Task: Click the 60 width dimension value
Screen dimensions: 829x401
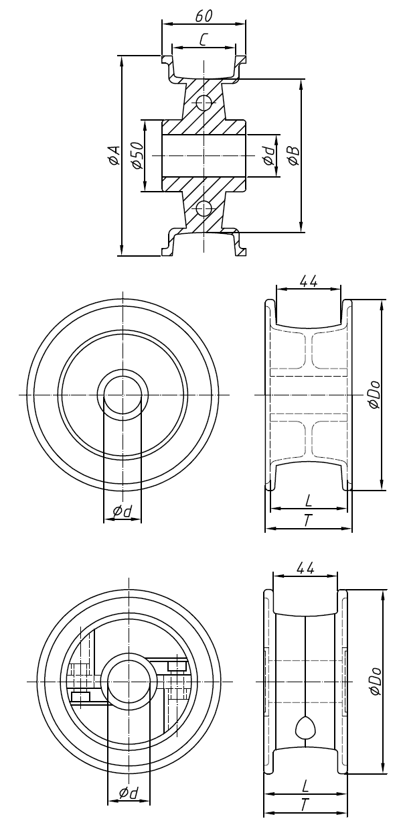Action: tap(204, 15)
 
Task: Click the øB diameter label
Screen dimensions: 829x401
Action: tap(293, 155)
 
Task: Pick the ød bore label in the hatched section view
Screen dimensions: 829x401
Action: tap(268, 155)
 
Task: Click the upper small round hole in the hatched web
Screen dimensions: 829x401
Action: tap(204, 103)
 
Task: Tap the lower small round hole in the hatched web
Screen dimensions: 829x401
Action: tap(204, 208)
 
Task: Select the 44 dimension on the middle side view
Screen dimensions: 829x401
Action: tap(308, 282)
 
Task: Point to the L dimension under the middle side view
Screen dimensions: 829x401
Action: tap(308, 501)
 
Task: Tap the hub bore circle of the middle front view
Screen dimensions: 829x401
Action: tap(123, 395)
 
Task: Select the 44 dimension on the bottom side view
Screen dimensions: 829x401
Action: tap(305, 568)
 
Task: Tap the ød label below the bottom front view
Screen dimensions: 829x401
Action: tap(128, 793)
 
